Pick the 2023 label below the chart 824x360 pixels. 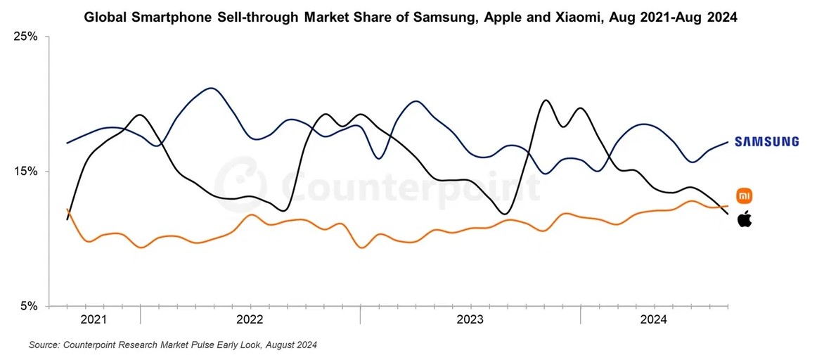(x=470, y=319)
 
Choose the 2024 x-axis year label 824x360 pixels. (x=653, y=319)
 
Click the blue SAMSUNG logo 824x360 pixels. (x=767, y=141)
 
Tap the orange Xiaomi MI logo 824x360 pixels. (x=745, y=195)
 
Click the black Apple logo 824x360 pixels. (x=745, y=219)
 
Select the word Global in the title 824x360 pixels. (x=103, y=18)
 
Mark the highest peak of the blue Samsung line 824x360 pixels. (x=211, y=89)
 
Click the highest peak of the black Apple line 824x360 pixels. (x=546, y=100)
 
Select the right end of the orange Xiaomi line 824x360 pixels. (x=728, y=206)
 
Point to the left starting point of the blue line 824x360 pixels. (x=67, y=143)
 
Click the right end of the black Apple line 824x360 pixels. (x=728, y=214)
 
